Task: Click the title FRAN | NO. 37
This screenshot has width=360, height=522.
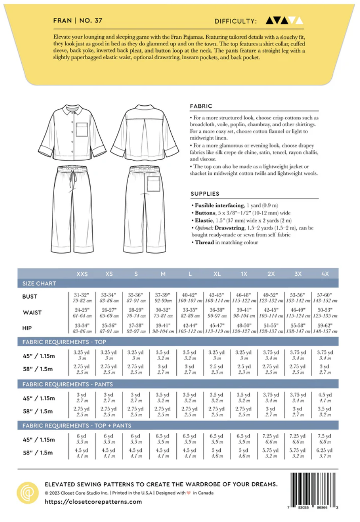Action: click(78, 20)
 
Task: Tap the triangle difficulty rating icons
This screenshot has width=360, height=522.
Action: click(284, 20)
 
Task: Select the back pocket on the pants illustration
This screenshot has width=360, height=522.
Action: click(153, 183)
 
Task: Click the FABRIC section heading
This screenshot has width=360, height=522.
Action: click(201, 106)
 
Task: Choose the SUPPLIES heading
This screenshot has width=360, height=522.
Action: click(205, 194)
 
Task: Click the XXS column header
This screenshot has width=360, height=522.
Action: click(82, 274)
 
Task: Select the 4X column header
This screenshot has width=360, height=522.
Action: click(325, 274)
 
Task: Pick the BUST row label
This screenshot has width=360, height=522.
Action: click(30, 297)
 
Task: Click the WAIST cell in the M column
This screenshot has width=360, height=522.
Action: click(162, 312)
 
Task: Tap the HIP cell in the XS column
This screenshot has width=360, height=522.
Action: click(109, 328)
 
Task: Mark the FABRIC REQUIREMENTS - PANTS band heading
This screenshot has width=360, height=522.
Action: click(67, 384)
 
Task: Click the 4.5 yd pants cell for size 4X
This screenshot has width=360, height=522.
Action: click(325, 398)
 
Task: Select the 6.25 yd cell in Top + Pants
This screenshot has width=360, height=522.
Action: click(325, 453)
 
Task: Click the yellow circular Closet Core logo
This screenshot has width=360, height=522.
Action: click(28, 493)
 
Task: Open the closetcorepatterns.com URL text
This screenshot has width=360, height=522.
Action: click(93, 502)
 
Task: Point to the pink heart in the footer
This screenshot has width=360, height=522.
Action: click(189, 493)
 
